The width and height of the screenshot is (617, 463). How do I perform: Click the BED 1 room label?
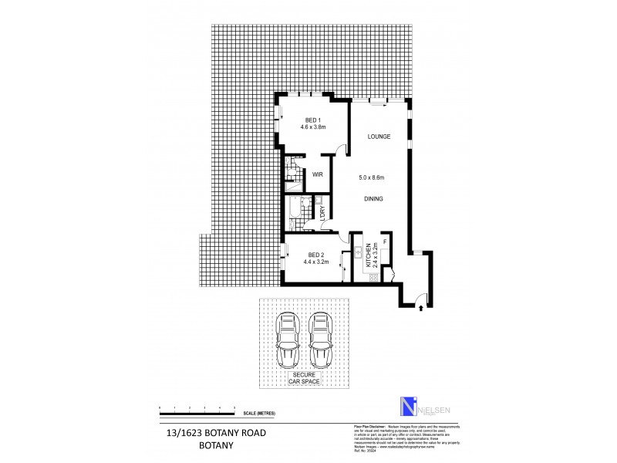[x=312, y=120]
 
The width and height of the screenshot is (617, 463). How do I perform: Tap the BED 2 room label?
[x=315, y=255]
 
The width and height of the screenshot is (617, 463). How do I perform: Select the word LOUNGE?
[x=379, y=137]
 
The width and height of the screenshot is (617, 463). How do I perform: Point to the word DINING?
[x=373, y=198]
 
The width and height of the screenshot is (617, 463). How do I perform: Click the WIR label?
[x=317, y=174]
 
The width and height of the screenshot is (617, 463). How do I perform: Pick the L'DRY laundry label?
[x=323, y=213]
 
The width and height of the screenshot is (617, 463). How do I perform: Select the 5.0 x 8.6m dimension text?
[x=372, y=177]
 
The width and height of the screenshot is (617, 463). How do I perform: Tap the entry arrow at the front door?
[x=420, y=308]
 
